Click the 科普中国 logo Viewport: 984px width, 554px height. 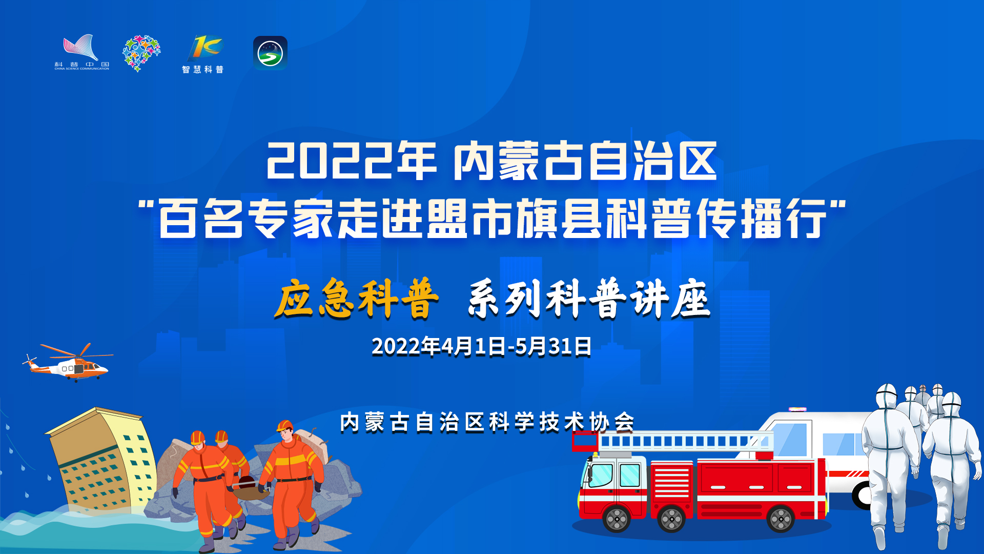click(x=81, y=52)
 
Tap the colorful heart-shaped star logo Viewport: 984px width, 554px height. click(x=141, y=53)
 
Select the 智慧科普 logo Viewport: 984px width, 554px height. click(x=203, y=54)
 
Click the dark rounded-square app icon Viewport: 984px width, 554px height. click(x=270, y=53)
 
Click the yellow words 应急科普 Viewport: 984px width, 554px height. click(x=357, y=298)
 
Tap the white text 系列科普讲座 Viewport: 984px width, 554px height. click(x=589, y=299)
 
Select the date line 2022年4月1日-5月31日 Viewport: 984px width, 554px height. click(x=482, y=347)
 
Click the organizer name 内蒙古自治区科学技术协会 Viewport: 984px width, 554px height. click(x=487, y=422)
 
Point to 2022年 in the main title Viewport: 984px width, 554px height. click(x=352, y=161)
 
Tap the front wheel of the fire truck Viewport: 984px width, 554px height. click(x=617, y=518)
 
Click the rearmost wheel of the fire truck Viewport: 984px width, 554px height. click(x=781, y=518)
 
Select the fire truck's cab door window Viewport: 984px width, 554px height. click(x=629, y=475)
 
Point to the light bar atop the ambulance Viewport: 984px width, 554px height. click(x=797, y=409)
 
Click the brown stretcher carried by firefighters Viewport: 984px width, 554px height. click(x=250, y=489)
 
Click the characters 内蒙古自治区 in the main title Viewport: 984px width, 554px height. click(x=585, y=161)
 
